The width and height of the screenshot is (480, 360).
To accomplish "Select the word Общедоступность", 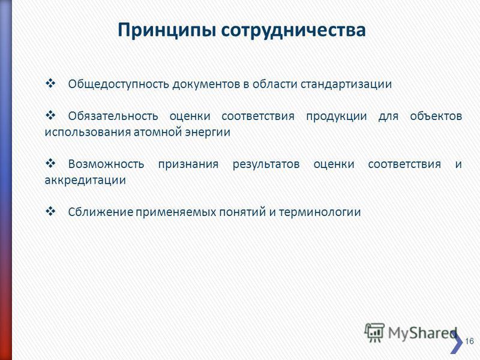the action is tap(118, 84).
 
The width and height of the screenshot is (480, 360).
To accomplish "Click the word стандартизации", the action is tap(346, 84).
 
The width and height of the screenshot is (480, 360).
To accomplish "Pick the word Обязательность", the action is tap(113, 116).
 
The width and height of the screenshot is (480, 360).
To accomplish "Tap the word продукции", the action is tap(337, 116).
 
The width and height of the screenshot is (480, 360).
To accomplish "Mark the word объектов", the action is tap(436, 116).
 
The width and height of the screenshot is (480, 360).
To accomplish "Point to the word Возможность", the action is tap(106, 164).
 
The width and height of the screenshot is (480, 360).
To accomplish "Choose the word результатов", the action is tap(266, 164).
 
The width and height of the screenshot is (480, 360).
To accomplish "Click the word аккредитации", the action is tap(85, 181).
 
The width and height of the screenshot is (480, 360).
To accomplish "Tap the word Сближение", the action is tap(100, 212).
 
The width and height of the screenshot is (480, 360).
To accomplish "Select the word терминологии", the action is tap(320, 212).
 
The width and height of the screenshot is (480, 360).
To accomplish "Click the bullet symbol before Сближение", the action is tap(50, 211).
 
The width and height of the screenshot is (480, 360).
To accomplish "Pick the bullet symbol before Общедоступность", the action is tap(50, 83).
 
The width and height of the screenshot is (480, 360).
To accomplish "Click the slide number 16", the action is tap(469, 341).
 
